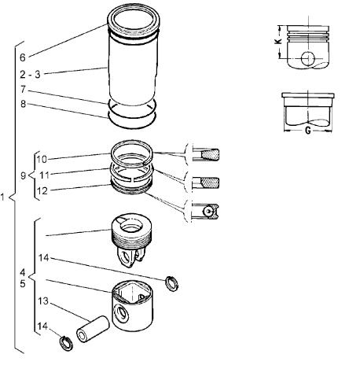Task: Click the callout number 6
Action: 23,57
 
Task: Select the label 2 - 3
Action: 31,75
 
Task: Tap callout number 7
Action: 23,90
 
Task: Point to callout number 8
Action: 23,104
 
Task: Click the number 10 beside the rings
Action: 42,159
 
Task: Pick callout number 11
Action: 44,175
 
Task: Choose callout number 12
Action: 42,191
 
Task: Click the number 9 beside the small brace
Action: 24,175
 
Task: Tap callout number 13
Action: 43,301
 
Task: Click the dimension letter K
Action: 278,42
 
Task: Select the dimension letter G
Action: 308,131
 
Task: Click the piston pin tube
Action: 93,329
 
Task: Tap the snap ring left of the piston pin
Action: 66,344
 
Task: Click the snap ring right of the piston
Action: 172,283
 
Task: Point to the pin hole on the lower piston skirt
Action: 121,312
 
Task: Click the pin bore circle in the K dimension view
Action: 308,58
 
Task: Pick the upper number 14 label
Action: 44,258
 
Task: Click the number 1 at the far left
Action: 2,197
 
